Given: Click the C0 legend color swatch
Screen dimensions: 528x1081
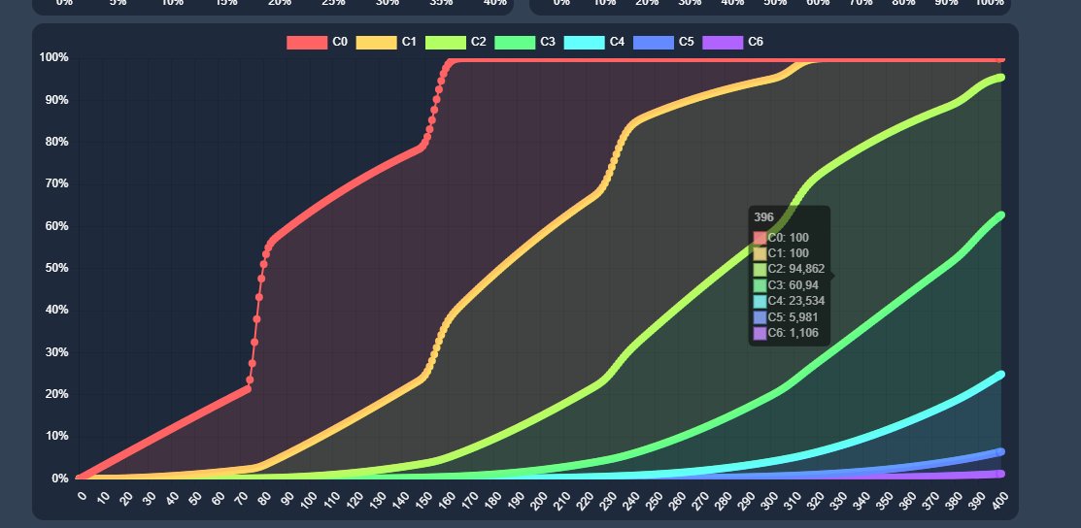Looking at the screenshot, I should [306, 42].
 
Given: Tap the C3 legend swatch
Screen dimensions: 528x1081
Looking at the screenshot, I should [515, 42].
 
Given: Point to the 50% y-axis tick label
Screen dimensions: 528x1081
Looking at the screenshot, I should [53, 268].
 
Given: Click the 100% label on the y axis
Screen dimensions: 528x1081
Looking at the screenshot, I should [53, 57].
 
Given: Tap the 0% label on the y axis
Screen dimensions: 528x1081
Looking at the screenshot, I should [58, 478].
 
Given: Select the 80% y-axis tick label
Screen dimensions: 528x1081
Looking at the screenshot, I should [53, 142].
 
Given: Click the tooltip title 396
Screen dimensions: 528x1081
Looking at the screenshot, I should [764, 217].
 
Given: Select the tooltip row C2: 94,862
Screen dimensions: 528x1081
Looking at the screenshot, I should [790, 270].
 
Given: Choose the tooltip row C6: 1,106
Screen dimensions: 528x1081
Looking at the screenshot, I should [787, 333].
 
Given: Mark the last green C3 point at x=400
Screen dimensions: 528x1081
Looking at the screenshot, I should [999, 215].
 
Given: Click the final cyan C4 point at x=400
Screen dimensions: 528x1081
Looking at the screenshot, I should [999, 375].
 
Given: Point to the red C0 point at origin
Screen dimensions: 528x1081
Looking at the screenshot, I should [80, 478].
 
